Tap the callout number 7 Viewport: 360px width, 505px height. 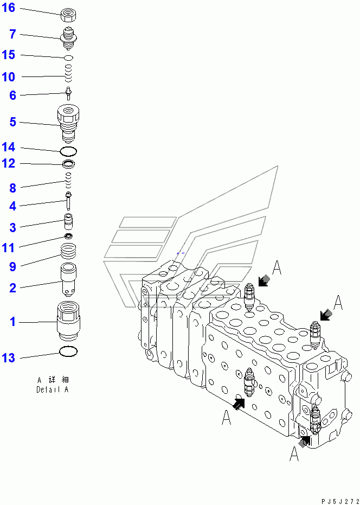(x=12, y=35)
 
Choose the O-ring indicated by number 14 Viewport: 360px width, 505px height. (x=68, y=150)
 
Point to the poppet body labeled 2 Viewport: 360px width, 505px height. (x=68, y=278)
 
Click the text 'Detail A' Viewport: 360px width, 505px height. (x=52, y=389)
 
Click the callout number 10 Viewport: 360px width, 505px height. (x=9, y=77)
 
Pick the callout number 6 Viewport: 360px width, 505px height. (x=12, y=95)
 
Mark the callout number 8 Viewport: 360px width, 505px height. (x=12, y=188)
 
